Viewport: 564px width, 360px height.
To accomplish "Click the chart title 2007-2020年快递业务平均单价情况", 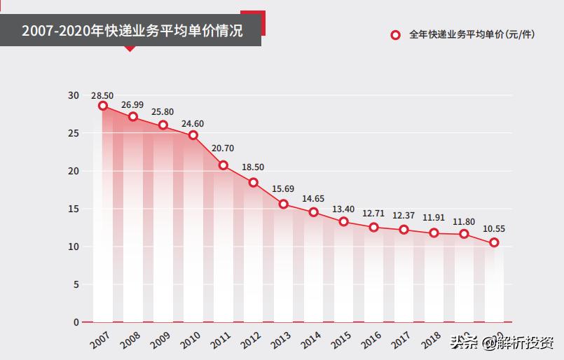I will [x=132, y=32].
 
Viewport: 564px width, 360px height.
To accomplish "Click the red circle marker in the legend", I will [x=396, y=34].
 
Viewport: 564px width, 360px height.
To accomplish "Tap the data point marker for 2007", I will [x=103, y=106].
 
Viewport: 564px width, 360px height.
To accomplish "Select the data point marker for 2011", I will [x=223, y=165].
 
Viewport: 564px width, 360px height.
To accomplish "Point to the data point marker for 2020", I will [x=495, y=242].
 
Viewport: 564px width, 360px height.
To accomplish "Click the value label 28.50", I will [x=102, y=95].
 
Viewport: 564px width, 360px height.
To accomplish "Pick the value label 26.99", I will [x=132, y=105].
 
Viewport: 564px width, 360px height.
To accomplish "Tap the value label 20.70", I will [x=223, y=149].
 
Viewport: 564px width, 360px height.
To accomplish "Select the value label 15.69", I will [x=284, y=189].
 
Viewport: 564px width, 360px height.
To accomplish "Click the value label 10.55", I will [x=495, y=228].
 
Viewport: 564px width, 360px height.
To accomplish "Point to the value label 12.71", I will [x=374, y=213].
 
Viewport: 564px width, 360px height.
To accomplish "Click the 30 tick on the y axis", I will [x=74, y=95].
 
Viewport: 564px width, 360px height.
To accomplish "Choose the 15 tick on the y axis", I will [x=74, y=209].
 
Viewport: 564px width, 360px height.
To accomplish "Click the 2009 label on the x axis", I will [x=161, y=340].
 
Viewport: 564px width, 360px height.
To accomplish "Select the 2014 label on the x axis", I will [x=312, y=340].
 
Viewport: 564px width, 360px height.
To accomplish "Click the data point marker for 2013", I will [x=284, y=204].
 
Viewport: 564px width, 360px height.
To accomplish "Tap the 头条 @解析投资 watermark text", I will [x=502, y=343].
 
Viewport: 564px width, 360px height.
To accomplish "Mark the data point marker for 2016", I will [x=374, y=227].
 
